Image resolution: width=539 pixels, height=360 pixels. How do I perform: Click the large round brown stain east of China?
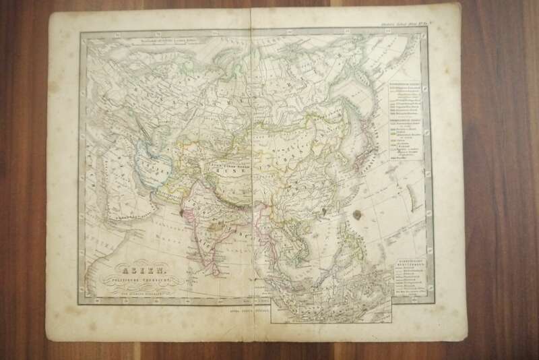click(x=355, y=215)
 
